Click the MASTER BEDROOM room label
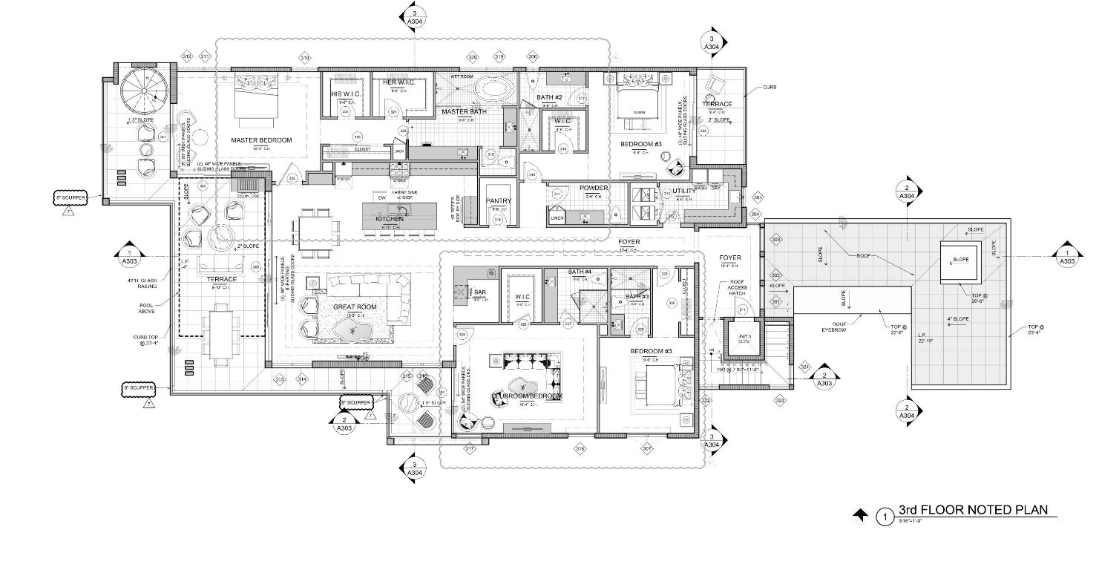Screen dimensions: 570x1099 [261, 140]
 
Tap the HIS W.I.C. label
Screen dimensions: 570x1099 [345, 94]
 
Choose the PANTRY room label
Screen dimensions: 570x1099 [499, 201]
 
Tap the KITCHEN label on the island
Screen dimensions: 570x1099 [390, 219]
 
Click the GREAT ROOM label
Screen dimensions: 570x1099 [355, 307]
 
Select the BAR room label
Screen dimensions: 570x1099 [480, 292]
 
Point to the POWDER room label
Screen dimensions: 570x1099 [594, 189]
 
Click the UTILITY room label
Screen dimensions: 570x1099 [683, 191]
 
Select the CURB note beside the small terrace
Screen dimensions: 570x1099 [769, 87]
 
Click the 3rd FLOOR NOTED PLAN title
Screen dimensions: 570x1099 [972, 510]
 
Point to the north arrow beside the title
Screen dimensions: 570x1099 [860, 514]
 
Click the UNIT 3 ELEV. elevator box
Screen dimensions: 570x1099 [743, 339]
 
